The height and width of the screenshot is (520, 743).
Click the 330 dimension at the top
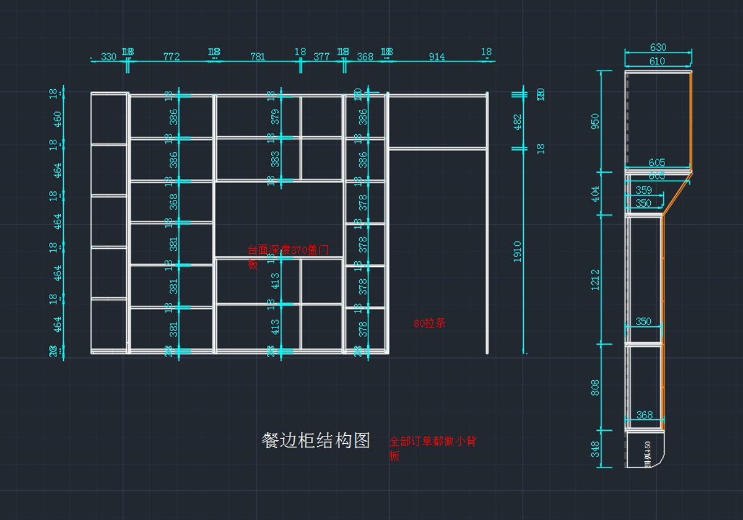click(x=108, y=57)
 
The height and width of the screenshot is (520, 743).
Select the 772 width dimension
click(x=172, y=57)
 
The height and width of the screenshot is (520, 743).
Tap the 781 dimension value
click(x=258, y=57)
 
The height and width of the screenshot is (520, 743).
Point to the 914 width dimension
click(x=437, y=57)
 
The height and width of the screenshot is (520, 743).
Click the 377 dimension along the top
click(x=321, y=57)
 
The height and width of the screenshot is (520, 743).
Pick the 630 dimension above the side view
click(x=658, y=47)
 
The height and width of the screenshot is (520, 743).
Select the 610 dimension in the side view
click(x=657, y=61)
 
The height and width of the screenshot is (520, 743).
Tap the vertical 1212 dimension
click(x=595, y=280)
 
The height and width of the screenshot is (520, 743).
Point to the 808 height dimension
click(x=595, y=388)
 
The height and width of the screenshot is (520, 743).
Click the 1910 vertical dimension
click(x=518, y=251)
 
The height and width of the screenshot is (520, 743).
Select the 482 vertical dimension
click(x=518, y=122)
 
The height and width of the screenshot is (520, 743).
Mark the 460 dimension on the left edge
click(x=58, y=119)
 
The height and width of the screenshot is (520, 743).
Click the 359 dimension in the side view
click(x=643, y=191)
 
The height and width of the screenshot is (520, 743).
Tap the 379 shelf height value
click(x=276, y=116)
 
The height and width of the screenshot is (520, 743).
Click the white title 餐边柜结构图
click(x=316, y=441)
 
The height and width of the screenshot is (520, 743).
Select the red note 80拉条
click(x=430, y=323)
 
